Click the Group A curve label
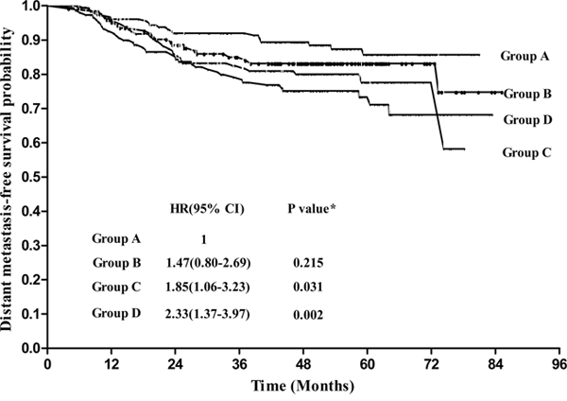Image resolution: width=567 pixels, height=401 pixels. tap(524, 56)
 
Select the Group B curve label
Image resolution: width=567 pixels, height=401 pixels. tap(527, 94)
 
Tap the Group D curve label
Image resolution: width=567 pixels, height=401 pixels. tap(527, 119)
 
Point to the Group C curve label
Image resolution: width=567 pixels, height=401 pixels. tap(527, 152)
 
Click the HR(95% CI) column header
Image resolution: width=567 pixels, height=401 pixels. tap(207, 209)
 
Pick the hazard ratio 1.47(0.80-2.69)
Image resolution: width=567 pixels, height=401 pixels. tap(208, 263)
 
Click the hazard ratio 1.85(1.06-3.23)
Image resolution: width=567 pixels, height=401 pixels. tap(208, 287)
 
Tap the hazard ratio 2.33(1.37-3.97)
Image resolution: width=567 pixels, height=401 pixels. tap(208, 314)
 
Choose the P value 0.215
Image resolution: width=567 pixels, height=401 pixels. tap(308, 263)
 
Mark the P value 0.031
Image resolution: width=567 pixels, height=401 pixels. tap(308, 287)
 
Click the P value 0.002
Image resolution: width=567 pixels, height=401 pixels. tap(308, 315)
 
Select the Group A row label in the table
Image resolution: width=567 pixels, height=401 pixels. tap(116, 239)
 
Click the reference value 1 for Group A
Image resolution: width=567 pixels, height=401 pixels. tap(204, 239)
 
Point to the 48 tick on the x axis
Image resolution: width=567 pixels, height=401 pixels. tap(303, 364)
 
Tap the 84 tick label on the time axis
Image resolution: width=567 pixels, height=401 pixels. tap(495, 364)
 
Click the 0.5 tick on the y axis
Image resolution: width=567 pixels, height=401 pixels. tap(31, 177)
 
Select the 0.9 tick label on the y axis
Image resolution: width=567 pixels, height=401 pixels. tap(31, 40)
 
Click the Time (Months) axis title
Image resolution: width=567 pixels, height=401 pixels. tap(302, 386)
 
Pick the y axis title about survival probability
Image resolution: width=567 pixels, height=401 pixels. tap(8, 179)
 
